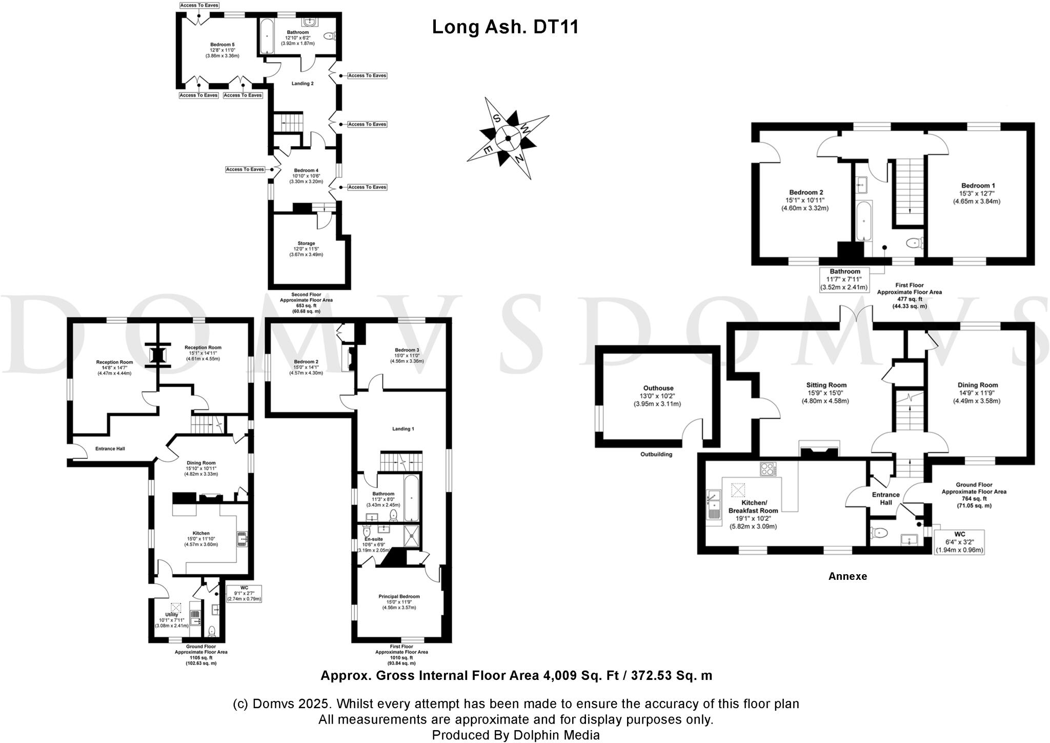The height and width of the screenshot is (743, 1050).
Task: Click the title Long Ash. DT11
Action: click(505, 27)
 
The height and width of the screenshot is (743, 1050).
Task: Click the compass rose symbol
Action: click(508, 138)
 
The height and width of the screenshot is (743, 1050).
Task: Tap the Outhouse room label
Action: click(658, 388)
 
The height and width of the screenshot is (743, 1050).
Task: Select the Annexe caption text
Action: click(847, 576)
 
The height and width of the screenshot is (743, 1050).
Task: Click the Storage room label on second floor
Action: click(306, 243)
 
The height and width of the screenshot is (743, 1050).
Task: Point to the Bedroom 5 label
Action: click(222, 45)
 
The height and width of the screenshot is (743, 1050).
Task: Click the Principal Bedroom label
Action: click(399, 596)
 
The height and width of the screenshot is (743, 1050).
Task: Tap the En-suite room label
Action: click(373, 539)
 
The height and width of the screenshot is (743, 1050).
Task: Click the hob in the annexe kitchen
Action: click(768, 469)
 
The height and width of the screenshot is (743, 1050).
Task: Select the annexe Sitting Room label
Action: click(826, 385)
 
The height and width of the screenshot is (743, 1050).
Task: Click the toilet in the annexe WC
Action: click(879, 533)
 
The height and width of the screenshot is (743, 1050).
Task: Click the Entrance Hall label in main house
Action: click(110, 448)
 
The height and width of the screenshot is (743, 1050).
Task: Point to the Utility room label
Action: click(171, 614)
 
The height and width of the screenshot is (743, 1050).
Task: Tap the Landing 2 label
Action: click(302, 83)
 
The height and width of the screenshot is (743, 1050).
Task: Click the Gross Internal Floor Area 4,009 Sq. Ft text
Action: click(516, 675)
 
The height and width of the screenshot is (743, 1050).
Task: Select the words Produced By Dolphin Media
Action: click(515, 735)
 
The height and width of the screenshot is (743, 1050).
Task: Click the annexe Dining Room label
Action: click(977, 385)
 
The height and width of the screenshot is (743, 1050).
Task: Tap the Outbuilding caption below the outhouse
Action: click(656, 454)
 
